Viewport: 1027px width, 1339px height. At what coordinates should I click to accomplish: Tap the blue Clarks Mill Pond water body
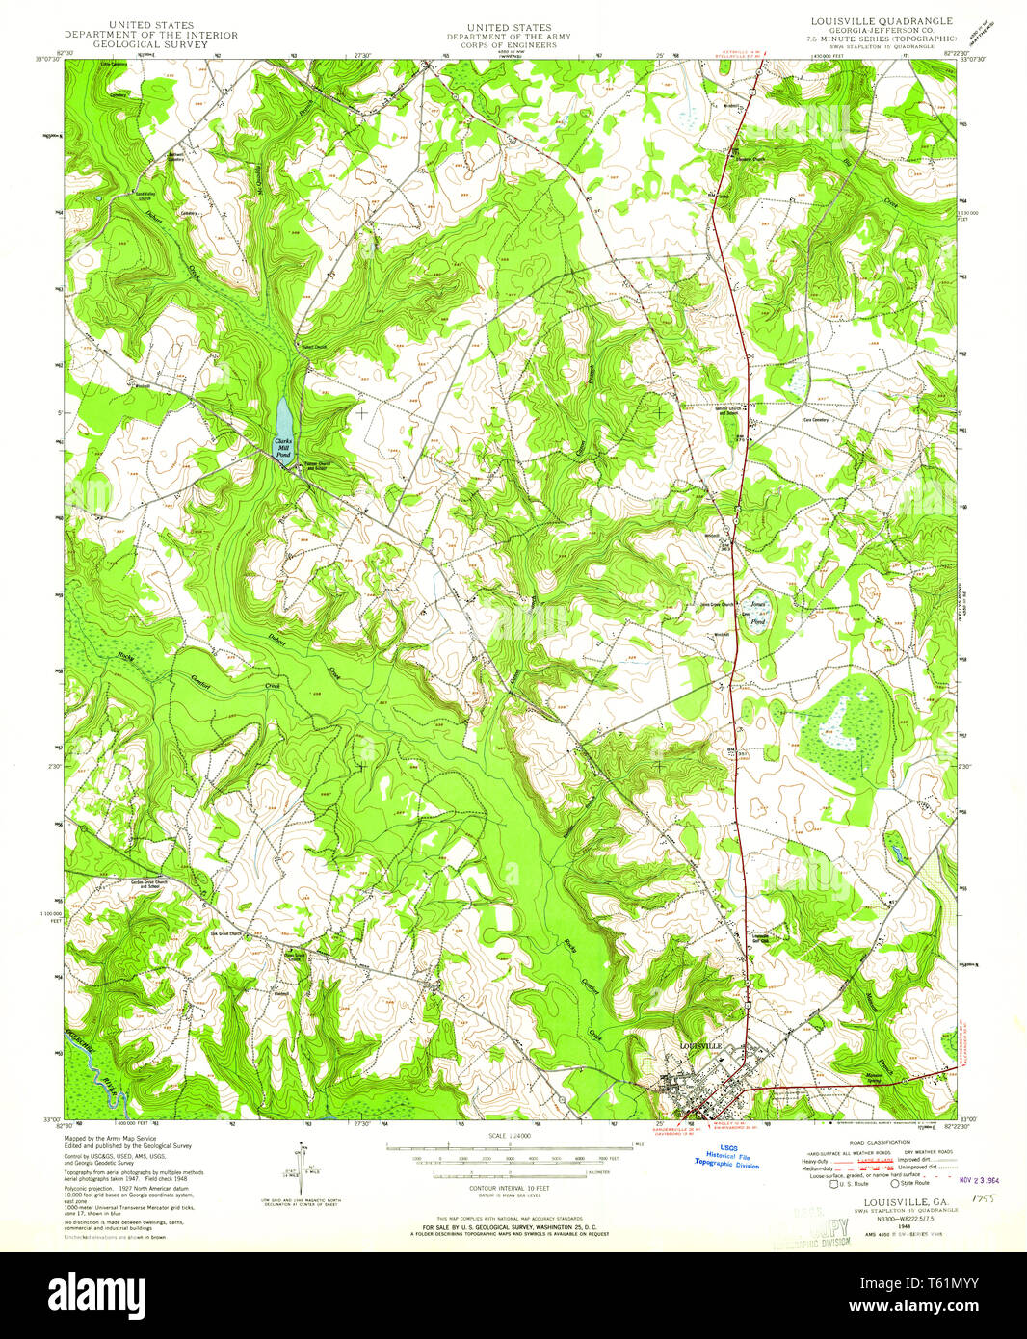click(x=284, y=419)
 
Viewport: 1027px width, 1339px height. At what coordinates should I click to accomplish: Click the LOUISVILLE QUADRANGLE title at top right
click(x=882, y=20)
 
